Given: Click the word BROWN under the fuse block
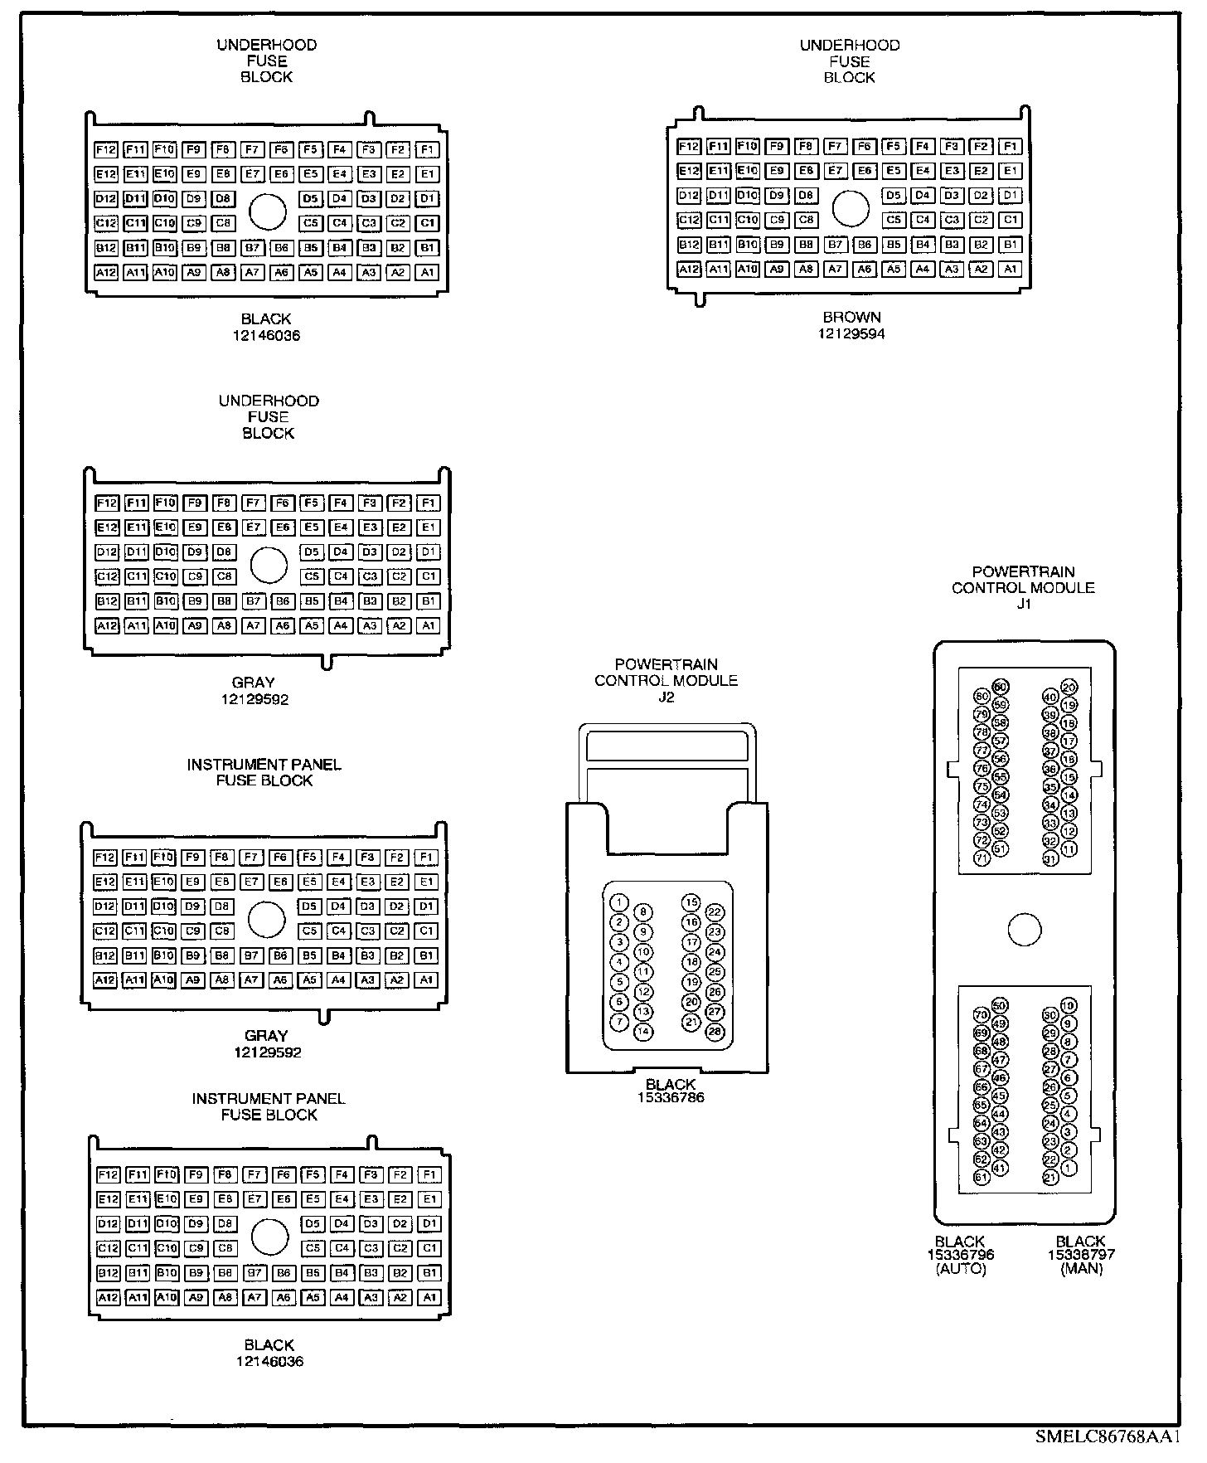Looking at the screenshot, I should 851,317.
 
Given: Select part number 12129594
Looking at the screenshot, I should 851,333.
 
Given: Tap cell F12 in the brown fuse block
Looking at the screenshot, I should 689,147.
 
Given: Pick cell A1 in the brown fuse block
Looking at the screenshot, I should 1010,269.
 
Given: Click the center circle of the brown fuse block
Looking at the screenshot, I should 850,208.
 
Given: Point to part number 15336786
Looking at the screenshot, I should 670,1098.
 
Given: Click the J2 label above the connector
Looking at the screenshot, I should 666,697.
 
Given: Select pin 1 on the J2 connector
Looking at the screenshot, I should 618,902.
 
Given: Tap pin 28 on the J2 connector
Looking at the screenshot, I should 715,1032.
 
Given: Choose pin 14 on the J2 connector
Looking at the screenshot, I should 642,1032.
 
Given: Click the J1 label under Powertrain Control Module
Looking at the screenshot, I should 1023,604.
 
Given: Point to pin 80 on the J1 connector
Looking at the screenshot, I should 982,696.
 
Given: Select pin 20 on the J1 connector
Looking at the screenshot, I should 1069,687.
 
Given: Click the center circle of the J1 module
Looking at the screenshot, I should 1025,930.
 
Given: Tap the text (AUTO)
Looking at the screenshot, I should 960,1270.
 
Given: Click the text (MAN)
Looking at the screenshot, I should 1081,1270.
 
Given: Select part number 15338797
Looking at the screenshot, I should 1081,1255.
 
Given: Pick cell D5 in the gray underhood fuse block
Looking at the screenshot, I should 311,552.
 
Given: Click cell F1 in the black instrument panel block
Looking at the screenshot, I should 429,1174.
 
